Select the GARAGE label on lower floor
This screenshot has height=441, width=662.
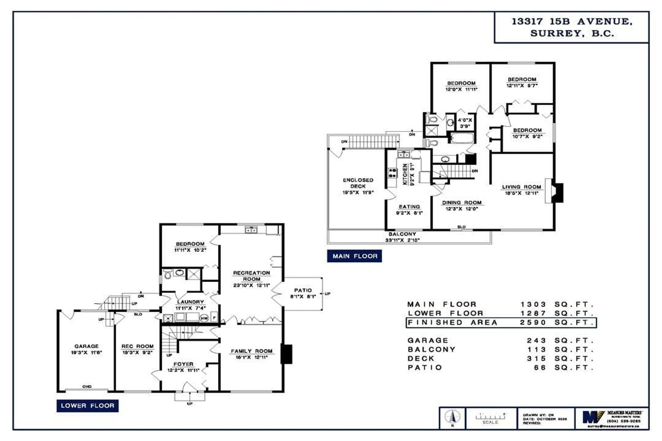pos(86,346)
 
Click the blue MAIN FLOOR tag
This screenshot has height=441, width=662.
pos(354,256)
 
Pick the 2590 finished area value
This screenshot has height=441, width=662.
pos(533,323)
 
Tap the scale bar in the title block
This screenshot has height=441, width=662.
pos(490,417)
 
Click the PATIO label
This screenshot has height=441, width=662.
pos(303,290)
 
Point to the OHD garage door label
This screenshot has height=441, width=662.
pos(87,386)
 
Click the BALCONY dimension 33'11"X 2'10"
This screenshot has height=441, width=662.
pos(402,240)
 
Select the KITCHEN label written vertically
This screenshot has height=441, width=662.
pos(405,174)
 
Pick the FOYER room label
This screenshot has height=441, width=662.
pos(183,364)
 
